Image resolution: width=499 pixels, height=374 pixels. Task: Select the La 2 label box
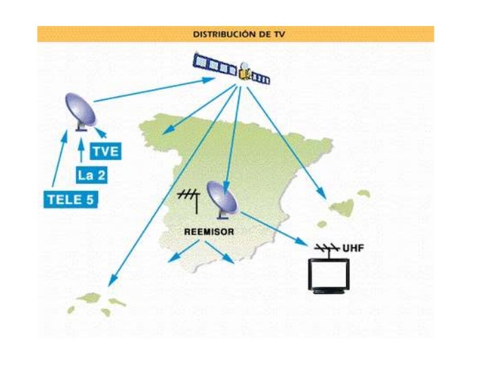(91, 175)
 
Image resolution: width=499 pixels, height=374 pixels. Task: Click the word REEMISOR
(209, 232)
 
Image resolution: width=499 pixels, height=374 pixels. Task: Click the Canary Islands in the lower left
(97, 301)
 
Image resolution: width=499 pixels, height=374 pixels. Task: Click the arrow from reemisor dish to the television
(274, 228)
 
